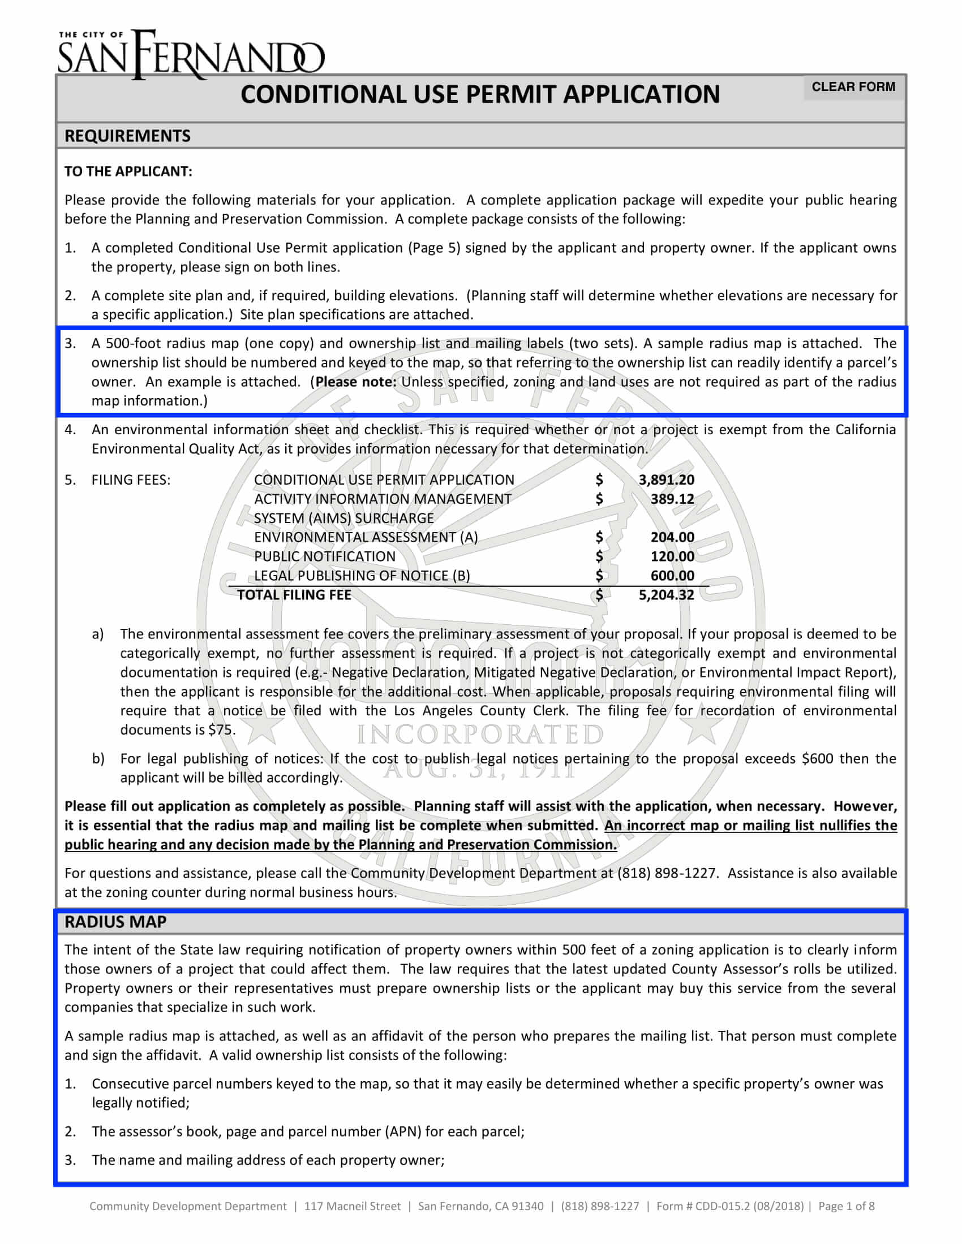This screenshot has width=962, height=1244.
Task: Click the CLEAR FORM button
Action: [x=853, y=87]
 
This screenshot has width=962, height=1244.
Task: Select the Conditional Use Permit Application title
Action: [x=480, y=94]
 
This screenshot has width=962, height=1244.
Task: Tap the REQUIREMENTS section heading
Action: [x=128, y=136]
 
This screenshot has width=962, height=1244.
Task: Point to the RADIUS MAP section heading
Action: [x=115, y=922]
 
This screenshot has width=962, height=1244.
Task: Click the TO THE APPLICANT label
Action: [x=128, y=171]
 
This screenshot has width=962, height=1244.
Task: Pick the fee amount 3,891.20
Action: [x=666, y=480]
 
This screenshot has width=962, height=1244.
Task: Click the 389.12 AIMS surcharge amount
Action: [x=672, y=499]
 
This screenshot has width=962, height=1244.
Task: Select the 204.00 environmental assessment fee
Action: [x=672, y=537]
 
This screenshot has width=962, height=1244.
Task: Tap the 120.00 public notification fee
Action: [x=672, y=556]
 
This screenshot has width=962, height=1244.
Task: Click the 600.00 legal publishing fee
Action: [x=672, y=575]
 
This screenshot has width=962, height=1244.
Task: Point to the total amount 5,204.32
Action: [x=666, y=595]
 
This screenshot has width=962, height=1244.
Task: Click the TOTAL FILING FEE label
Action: [x=294, y=595]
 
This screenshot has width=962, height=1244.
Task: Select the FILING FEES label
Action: [x=131, y=480]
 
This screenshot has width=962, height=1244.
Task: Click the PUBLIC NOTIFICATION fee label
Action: [x=324, y=556]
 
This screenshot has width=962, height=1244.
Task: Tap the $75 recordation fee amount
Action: [x=222, y=730]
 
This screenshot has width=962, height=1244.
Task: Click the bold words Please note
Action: [x=356, y=382]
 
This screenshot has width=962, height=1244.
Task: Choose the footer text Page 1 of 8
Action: [x=847, y=1206]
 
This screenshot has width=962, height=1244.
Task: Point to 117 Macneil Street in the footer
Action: [x=352, y=1206]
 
